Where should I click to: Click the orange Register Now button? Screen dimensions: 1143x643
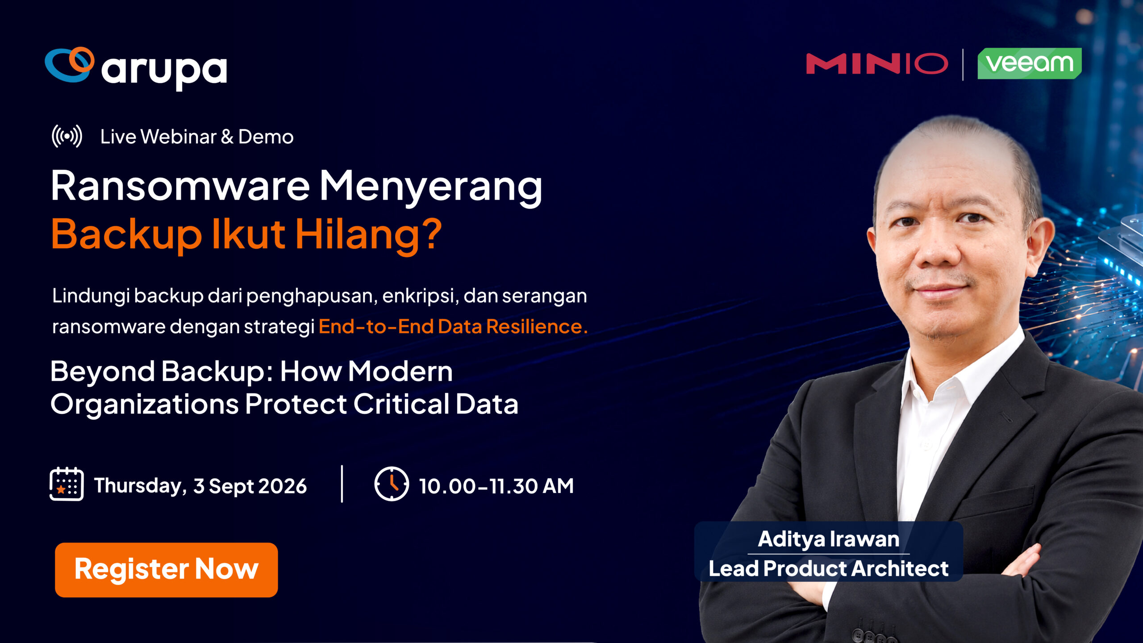click(x=166, y=570)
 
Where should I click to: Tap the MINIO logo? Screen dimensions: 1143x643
click(x=877, y=64)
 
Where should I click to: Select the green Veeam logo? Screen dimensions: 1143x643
click(x=1030, y=63)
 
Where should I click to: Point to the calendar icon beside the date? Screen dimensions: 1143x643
click(x=67, y=484)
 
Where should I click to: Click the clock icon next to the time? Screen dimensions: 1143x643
click(x=392, y=484)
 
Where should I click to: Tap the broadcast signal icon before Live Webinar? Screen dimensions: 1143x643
click(x=67, y=136)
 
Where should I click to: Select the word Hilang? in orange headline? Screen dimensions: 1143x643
click(x=368, y=234)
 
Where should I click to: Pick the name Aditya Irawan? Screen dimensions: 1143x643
click(x=829, y=539)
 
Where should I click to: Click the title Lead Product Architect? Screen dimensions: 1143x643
click(x=829, y=568)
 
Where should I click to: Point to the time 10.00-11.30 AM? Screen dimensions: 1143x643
click(x=496, y=486)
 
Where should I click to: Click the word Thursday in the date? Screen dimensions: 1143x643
click(x=140, y=486)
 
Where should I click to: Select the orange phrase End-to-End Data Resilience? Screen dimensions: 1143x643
click(x=453, y=326)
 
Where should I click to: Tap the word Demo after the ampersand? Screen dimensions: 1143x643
click(x=266, y=137)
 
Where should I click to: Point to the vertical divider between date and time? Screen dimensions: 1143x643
click(x=342, y=484)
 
